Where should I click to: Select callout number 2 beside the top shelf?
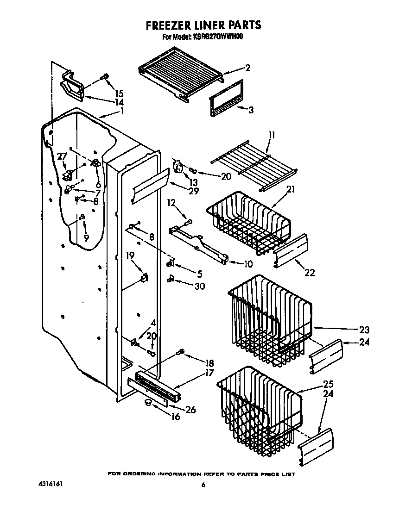(x=248, y=68)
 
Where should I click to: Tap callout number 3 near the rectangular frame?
(x=251, y=110)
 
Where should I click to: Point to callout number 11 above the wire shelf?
(x=272, y=135)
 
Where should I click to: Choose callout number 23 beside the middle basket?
(x=364, y=330)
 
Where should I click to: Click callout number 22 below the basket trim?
(x=310, y=273)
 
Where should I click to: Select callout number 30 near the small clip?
(x=199, y=287)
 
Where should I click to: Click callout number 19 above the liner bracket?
(x=130, y=255)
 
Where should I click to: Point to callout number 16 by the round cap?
(x=176, y=417)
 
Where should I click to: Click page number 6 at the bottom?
(x=203, y=485)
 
